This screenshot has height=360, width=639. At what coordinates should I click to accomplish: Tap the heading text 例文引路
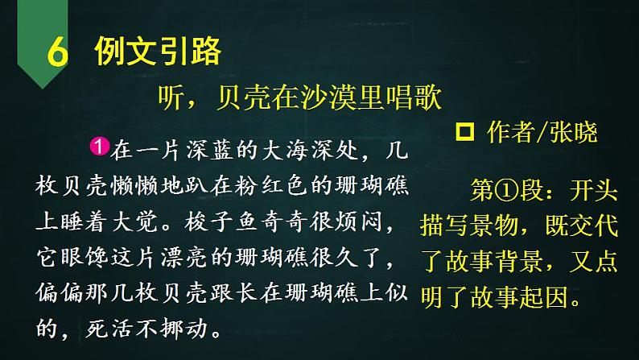tap(158, 52)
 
